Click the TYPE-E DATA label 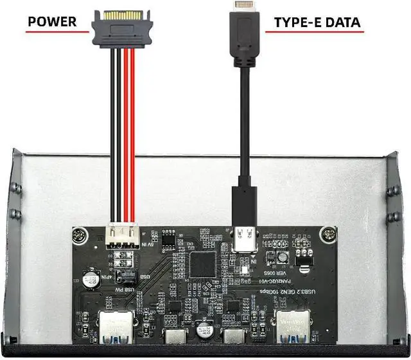coord(317,23)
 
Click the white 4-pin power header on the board coord(122,233)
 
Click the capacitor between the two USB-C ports coord(206,330)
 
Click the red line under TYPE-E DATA coord(317,34)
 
